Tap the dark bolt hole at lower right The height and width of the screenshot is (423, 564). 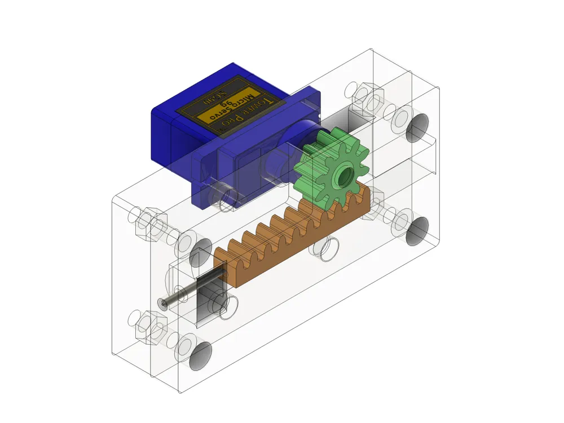(x=418, y=231)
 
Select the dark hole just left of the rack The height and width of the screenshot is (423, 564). (x=201, y=256)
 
